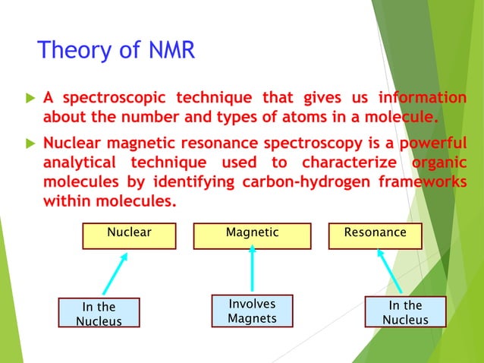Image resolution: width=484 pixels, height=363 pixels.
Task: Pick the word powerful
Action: pos(425,144)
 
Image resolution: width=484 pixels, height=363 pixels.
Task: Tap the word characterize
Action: pos(349,163)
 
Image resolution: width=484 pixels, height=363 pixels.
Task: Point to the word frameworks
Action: pos(423,183)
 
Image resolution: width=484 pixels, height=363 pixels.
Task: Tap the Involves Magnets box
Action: pos(252,311)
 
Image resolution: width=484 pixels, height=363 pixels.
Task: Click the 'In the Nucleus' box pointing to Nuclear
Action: pos(99,313)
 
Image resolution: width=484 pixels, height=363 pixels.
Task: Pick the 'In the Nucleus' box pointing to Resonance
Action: pos(405,312)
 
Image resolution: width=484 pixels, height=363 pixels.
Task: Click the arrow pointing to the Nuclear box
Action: pos(115,273)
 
